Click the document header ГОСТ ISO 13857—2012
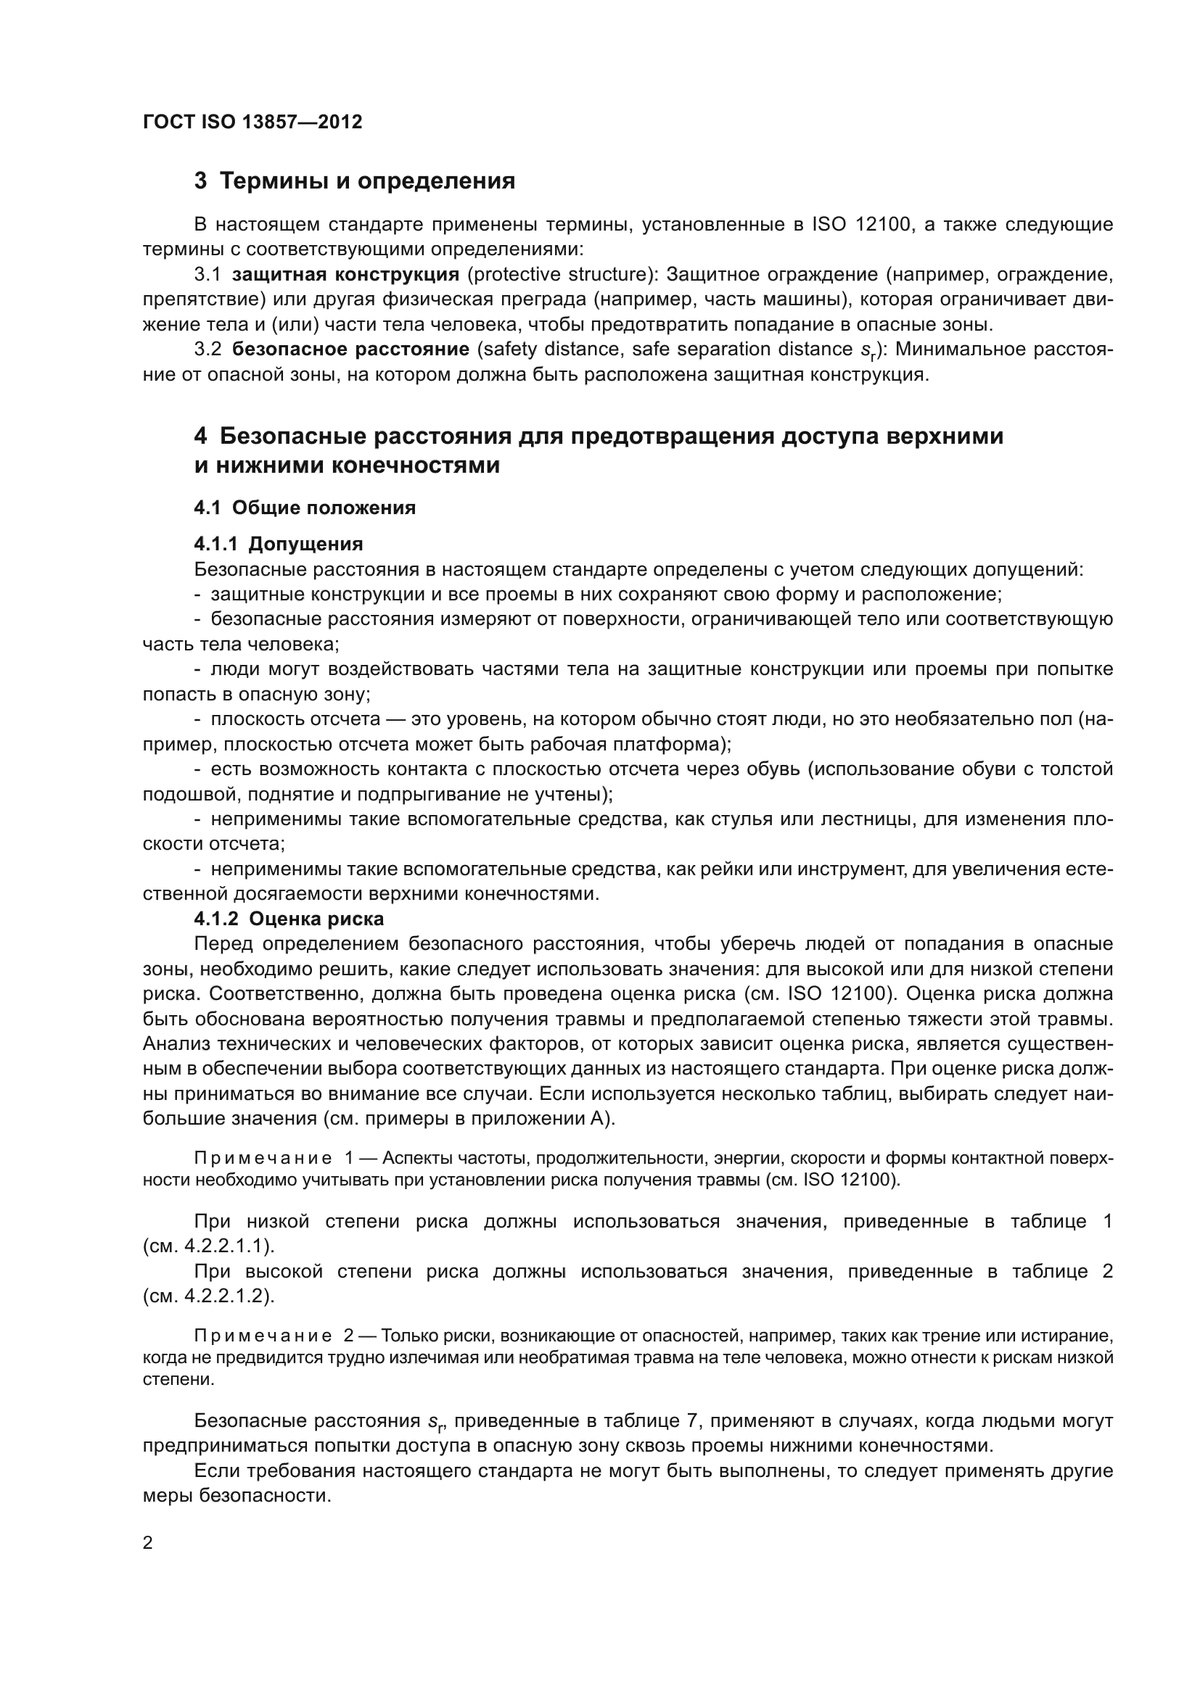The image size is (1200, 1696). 252,122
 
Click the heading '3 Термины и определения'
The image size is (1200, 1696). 355,181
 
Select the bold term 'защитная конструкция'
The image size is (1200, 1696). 346,275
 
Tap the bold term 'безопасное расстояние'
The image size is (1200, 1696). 351,349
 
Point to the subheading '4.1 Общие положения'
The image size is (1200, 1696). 305,508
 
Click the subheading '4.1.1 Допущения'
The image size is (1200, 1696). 279,545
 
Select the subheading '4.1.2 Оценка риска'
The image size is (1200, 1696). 289,919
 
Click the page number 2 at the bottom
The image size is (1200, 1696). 148,1543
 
